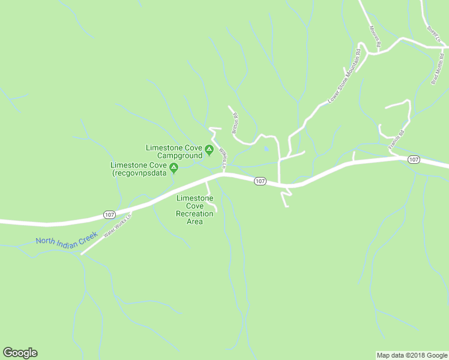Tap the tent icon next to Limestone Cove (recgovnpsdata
click(x=173, y=167)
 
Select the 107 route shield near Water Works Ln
click(x=109, y=214)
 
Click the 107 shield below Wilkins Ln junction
click(x=259, y=181)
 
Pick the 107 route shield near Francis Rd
click(x=413, y=159)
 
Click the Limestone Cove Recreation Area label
click(x=194, y=209)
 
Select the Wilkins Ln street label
click(x=223, y=157)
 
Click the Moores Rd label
click(x=376, y=37)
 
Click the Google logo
click(x=20, y=353)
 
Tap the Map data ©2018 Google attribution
click(x=412, y=355)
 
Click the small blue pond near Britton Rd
click(x=266, y=148)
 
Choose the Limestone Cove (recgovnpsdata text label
click(x=139, y=169)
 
